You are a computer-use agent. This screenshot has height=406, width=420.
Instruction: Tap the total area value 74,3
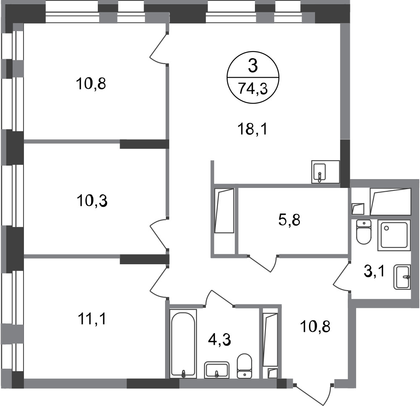253,89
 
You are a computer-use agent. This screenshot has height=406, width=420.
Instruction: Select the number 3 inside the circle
253,66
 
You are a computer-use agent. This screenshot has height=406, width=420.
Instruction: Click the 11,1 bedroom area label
92,319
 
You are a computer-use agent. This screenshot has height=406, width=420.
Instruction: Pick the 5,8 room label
289,220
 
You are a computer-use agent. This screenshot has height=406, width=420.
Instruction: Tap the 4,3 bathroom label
219,340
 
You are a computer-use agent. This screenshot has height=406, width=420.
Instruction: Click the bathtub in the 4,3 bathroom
184,344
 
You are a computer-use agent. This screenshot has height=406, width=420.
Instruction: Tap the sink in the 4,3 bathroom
217,370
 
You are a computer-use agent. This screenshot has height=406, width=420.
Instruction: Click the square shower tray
394,235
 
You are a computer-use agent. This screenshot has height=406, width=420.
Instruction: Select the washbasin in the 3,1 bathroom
402,277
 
